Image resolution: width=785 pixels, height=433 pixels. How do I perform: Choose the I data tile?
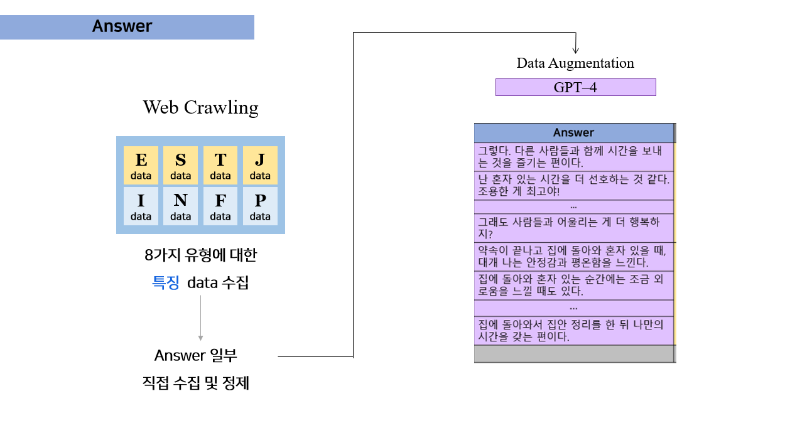coord(141,206)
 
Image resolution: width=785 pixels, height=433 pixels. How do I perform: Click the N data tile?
coord(181,206)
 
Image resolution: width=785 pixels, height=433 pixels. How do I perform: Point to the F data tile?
coord(220,206)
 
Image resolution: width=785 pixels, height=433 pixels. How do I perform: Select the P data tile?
coord(260,206)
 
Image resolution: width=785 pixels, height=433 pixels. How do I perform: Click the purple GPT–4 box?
coord(575,87)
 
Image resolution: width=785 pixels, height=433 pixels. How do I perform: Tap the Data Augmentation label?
coord(575,63)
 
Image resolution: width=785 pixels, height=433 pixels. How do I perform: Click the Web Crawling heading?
coord(200,107)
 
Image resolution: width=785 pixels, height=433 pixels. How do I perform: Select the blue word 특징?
coord(166,282)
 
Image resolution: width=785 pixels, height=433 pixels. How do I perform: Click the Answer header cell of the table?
coord(573,132)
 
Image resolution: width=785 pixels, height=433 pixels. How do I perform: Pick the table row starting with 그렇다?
coord(573,157)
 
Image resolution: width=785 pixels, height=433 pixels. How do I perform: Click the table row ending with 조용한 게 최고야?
coord(573,186)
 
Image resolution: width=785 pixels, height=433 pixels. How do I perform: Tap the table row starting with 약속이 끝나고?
coord(573,256)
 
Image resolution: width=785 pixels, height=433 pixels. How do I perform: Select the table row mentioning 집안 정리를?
coord(573,330)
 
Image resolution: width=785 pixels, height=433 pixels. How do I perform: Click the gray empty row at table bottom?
coord(573,354)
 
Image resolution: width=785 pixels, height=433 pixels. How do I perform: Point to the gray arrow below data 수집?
coord(200,318)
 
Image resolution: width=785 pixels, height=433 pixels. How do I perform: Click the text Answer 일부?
coord(196,356)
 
